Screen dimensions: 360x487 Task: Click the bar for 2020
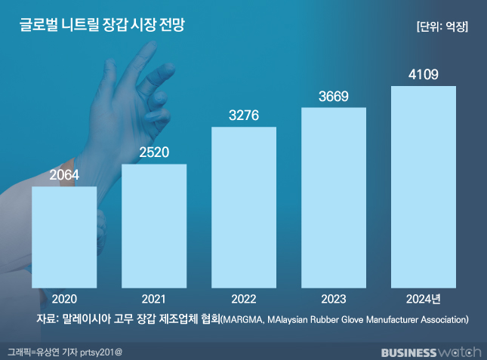tap(64, 237)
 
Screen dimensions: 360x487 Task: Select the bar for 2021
tap(154, 226)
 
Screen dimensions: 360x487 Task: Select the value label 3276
tap(244, 116)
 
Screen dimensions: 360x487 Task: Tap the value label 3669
tap(334, 97)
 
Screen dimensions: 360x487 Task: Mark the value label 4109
tap(424, 75)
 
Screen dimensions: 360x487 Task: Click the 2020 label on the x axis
tap(64, 299)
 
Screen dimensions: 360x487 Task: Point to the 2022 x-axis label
tap(244, 299)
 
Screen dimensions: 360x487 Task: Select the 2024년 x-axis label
tap(424, 299)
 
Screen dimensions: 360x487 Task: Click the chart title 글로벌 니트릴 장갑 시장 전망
tap(101, 25)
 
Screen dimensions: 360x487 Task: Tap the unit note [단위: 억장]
tap(442, 26)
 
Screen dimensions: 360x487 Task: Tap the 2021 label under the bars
tap(154, 299)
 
